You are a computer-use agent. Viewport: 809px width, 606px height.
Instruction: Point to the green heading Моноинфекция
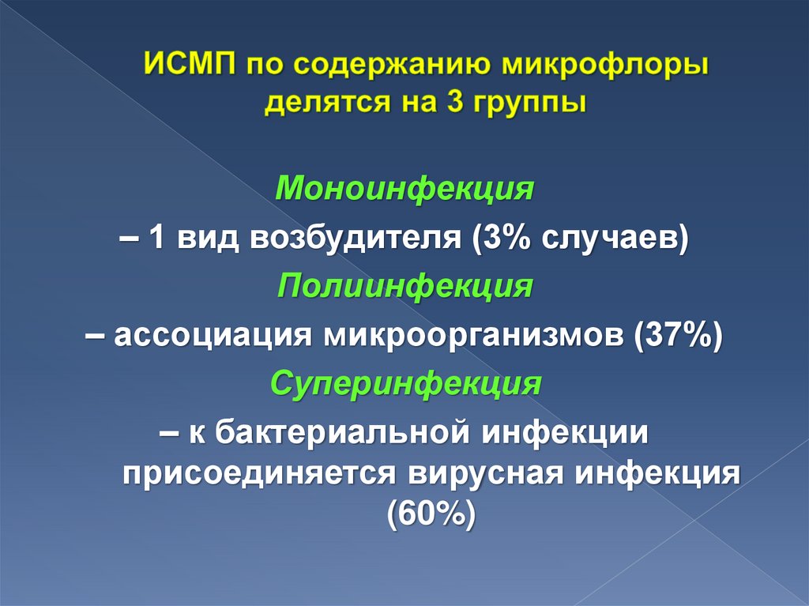(x=405, y=190)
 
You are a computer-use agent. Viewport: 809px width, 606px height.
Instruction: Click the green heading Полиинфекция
(x=404, y=287)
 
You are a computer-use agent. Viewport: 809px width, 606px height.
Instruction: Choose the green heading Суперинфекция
(x=405, y=385)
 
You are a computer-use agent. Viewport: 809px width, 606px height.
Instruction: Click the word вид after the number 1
(x=208, y=239)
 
